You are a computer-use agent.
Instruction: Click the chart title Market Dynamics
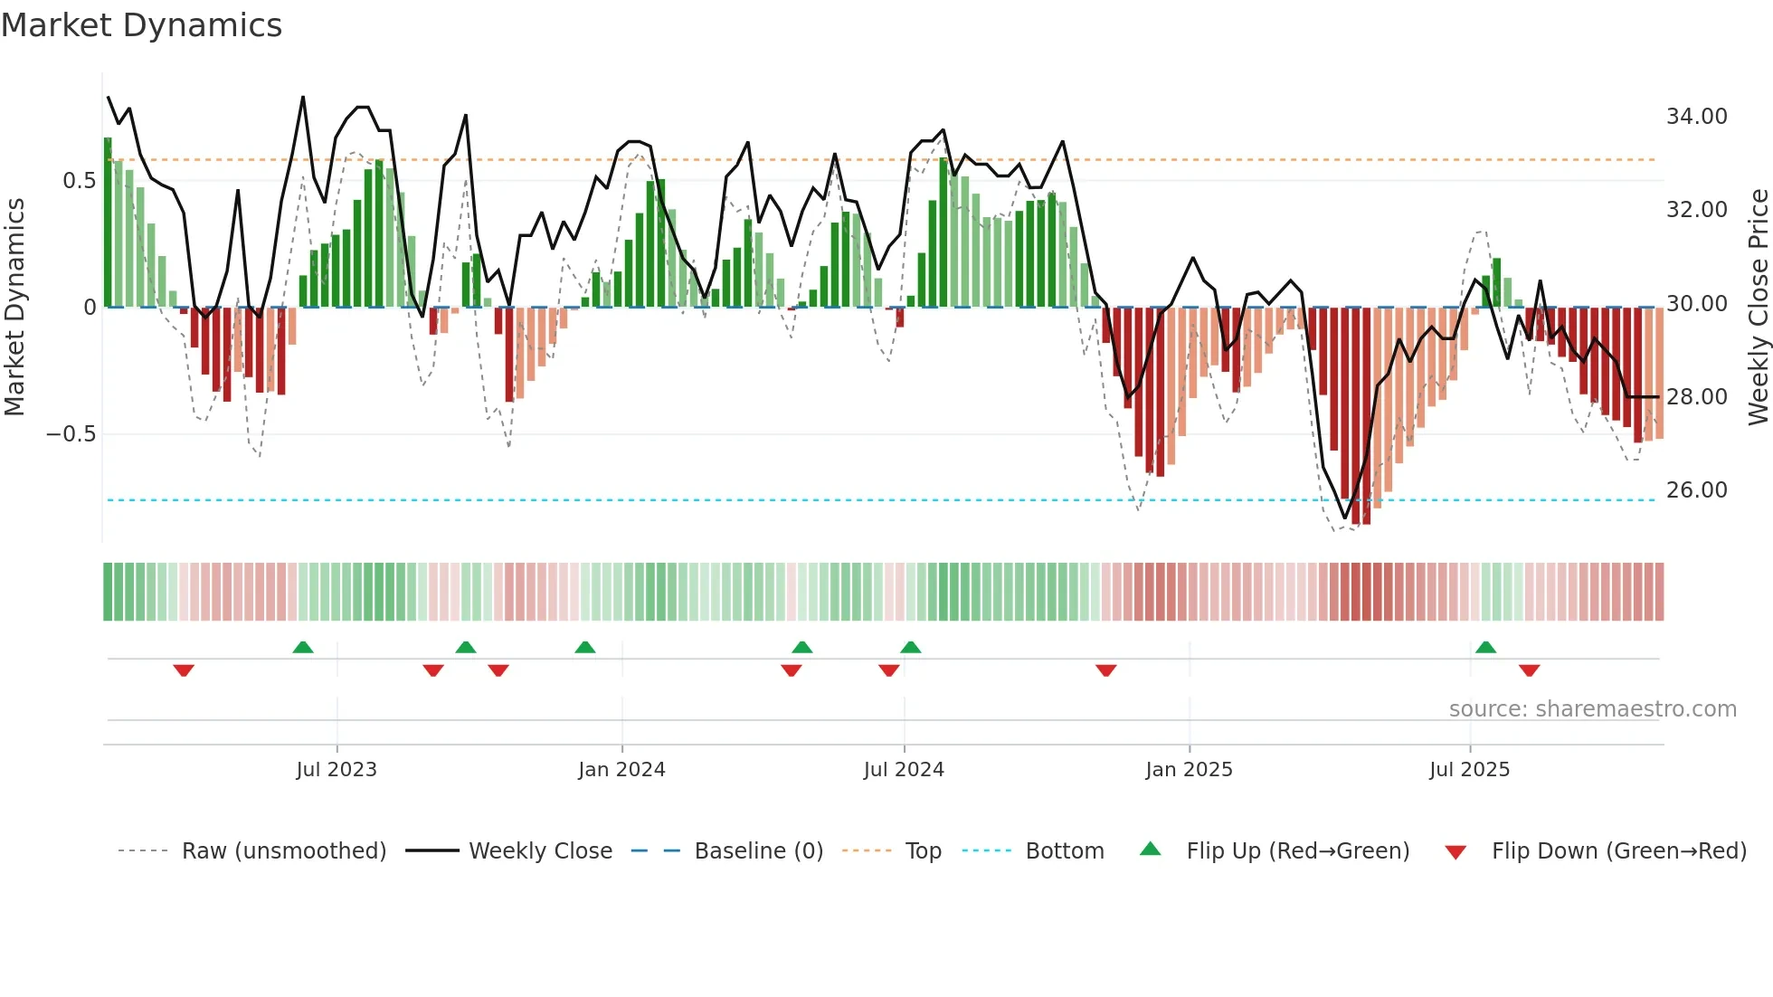pyautogui.click(x=141, y=25)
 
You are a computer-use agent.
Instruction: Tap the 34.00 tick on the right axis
pyautogui.click(x=1696, y=117)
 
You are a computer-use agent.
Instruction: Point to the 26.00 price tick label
pyautogui.click(x=1696, y=490)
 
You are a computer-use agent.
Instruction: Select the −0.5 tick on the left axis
pyautogui.click(x=71, y=434)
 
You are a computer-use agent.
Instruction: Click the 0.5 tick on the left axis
pyautogui.click(x=79, y=181)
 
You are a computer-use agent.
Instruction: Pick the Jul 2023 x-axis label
pyautogui.click(x=337, y=770)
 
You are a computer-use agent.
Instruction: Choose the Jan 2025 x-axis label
pyautogui.click(x=1189, y=770)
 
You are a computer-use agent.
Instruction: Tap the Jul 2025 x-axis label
pyautogui.click(x=1469, y=770)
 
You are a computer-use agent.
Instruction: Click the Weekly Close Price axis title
pyautogui.click(x=1758, y=307)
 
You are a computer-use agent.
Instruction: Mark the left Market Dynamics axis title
pyautogui.click(x=14, y=307)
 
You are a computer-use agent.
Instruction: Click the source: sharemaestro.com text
pyautogui.click(x=1592, y=709)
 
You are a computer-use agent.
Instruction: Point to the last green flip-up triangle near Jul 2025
pyautogui.click(x=1485, y=648)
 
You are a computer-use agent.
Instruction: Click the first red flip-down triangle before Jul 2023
pyautogui.click(x=184, y=670)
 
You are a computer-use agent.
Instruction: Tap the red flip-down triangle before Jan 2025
pyautogui.click(x=1105, y=670)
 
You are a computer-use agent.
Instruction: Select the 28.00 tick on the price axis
pyautogui.click(x=1696, y=397)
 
